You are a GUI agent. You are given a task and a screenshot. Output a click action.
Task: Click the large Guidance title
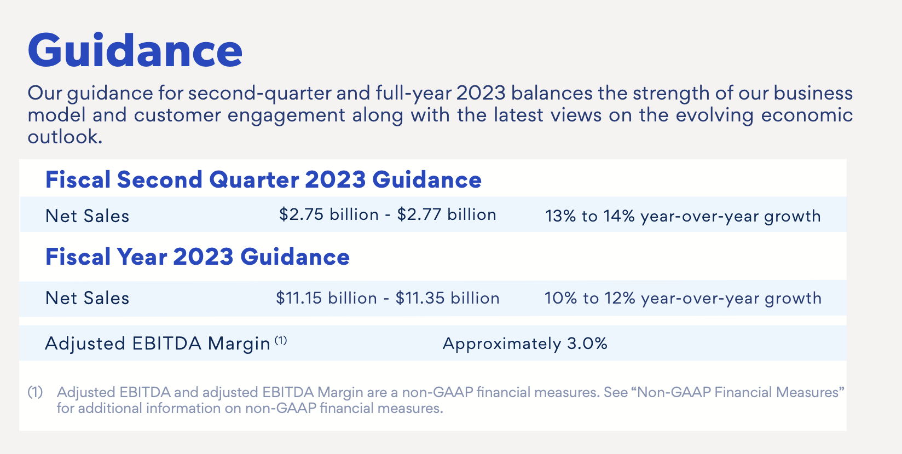[x=135, y=51]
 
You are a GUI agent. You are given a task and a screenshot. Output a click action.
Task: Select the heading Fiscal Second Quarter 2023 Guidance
[x=263, y=179]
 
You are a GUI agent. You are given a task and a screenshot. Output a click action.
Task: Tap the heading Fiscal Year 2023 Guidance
[x=197, y=257]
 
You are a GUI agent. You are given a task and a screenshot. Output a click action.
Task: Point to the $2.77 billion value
[x=447, y=214]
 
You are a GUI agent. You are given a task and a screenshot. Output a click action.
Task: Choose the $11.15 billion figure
[x=327, y=298]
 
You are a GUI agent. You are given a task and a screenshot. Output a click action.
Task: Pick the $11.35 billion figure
[x=447, y=298]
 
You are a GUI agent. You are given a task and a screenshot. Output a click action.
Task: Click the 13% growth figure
[x=560, y=216]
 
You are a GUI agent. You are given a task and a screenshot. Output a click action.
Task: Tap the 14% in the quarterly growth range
[x=620, y=216]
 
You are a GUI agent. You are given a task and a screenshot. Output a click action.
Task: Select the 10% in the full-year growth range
[x=561, y=298]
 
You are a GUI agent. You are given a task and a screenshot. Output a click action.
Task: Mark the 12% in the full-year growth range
[x=620, y=298]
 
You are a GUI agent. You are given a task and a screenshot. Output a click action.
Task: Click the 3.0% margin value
[x=587, y=344]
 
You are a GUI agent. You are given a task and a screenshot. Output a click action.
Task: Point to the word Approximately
[x=502, y=345]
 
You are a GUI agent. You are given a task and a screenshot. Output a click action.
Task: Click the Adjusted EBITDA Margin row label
[x=158, y=344]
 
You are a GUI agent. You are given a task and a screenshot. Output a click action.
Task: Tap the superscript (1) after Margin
[x=281, y=340]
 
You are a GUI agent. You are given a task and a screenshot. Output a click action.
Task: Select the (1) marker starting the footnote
[x=35, y=392]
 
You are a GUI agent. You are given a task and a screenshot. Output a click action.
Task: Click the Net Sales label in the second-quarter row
[x=87, y=216]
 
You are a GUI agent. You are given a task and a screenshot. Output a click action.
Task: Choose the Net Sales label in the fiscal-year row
[x=87, y=298]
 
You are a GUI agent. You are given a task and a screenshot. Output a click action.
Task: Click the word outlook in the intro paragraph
[x=65, y=136]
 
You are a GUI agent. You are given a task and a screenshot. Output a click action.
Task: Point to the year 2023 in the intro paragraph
[x=481, y=93]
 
